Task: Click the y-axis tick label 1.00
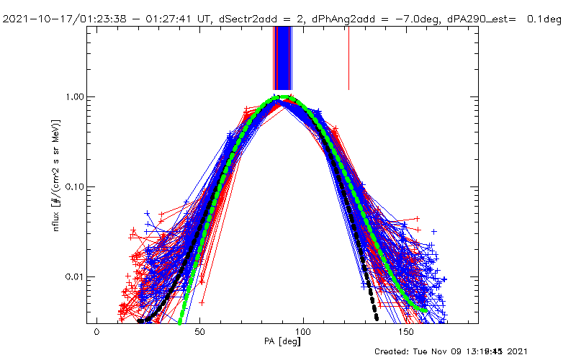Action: [72, 96]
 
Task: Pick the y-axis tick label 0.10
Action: [72, 186]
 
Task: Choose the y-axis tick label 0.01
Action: [72, 277]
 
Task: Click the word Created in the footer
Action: [395, 351]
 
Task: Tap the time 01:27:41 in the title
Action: [145, 19]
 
